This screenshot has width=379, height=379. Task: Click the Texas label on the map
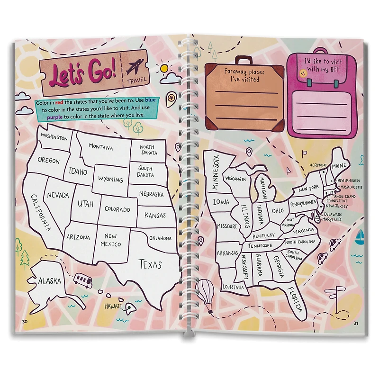(x=150, y=264)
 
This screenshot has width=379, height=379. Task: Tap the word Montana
(x=100, y=147)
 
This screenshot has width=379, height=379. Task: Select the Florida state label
(x=293, y=300)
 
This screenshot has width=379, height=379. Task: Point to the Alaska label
(x=50, y=280)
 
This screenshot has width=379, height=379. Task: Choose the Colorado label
(x=117, y=209)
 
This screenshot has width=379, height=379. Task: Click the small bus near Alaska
(x=83, y=281)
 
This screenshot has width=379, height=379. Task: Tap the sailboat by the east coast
(x=361, y=235)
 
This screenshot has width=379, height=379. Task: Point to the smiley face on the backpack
(x=301, y=73)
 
